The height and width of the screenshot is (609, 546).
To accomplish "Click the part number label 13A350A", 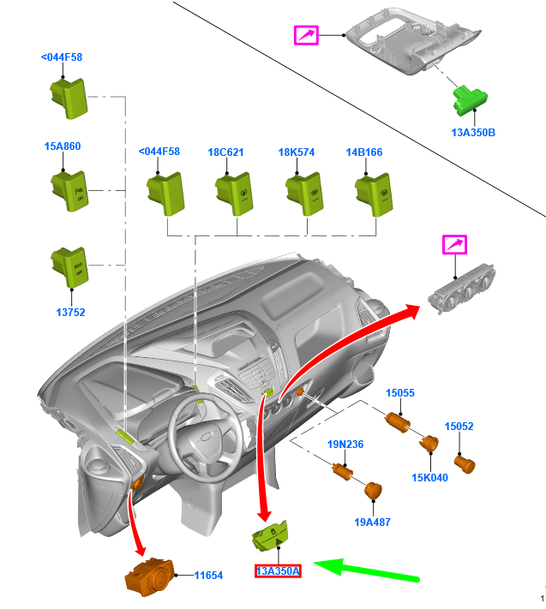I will (x=278, y=571).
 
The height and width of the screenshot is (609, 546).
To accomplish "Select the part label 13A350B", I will (x=473, y=133).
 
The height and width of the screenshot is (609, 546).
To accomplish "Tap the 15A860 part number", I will (x=62, y=146).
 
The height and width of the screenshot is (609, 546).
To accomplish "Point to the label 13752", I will (x=70, y=313).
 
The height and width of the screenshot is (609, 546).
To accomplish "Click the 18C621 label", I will (x=225, y=152).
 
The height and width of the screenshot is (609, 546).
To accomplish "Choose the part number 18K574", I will (x=296, y=152).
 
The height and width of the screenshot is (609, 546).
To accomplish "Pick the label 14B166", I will (x=364, y=152).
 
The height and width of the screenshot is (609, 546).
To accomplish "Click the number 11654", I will (x=208, y=576).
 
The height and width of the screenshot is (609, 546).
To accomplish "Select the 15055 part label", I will (x=399, y=393).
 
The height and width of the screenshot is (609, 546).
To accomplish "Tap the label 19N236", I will (x=345, y=444).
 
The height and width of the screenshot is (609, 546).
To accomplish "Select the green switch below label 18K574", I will (x=303, y=189).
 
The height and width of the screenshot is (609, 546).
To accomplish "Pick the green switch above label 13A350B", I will (x=470, y=99).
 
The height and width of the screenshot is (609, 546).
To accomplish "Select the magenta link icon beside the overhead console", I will (x=306, y=34).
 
